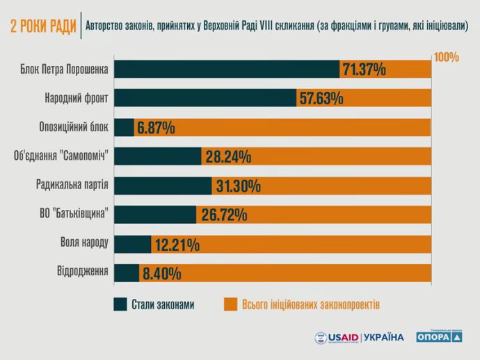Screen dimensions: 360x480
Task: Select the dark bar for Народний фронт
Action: click(x=205, y=98)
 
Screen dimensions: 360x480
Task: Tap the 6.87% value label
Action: click(x=156, y=128)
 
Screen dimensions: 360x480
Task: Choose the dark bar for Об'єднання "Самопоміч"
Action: click(x=158, y=157)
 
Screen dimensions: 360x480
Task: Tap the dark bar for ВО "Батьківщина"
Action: click(x=155, y=215)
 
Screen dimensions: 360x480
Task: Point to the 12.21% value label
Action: click(x=177, y=245)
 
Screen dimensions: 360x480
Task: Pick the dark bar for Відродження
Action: click(x=127, y=273)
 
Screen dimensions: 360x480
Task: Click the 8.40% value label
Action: click(x=161, y=274)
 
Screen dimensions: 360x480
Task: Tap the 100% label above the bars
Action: click(x=446, y=57)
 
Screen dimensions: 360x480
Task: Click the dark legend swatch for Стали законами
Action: click(x=119, y=304)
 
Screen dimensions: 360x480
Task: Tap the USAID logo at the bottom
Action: click(x=337, y=338)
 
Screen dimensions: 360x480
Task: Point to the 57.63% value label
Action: click(x=321, y=99)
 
